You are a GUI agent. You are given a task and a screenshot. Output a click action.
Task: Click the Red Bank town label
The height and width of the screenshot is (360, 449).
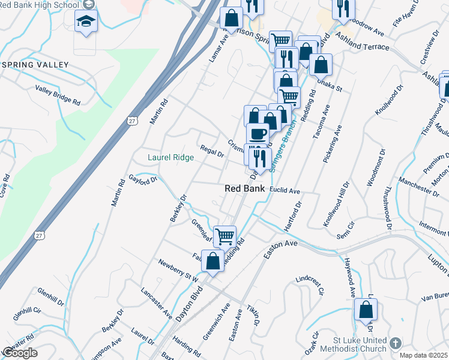point(245,188)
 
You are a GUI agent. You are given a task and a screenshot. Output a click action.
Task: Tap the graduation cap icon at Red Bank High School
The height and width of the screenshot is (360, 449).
point(86,22)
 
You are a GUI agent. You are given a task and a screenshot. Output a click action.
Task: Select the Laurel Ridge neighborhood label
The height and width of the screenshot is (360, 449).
point(171,158)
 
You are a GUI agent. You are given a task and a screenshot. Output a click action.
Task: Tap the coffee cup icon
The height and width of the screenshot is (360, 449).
point(258,133)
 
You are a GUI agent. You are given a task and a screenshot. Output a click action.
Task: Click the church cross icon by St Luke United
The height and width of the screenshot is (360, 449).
point(394,343)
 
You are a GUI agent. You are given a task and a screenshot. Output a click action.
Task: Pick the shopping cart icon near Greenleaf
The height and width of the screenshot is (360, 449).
point(224,236)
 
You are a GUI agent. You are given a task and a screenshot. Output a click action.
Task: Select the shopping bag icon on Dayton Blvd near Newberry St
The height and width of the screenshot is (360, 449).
point(212,261)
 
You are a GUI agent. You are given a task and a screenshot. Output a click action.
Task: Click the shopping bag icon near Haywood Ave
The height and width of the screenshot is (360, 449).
point(366,310)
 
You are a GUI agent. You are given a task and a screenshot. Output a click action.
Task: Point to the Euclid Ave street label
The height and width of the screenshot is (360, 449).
point(285,191)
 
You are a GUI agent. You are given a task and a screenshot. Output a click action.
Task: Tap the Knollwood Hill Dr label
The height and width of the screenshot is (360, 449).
point(336,205)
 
